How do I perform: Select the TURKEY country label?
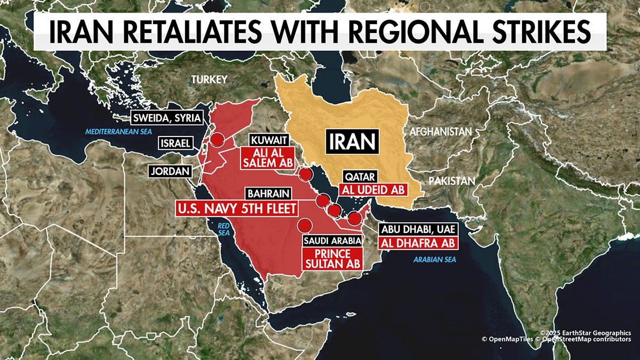click(x=210, y=79)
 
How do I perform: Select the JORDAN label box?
click(x=170, y=171)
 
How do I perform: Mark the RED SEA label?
click(x=223, y=229)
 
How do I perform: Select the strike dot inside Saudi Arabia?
click(x=305, y=225)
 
